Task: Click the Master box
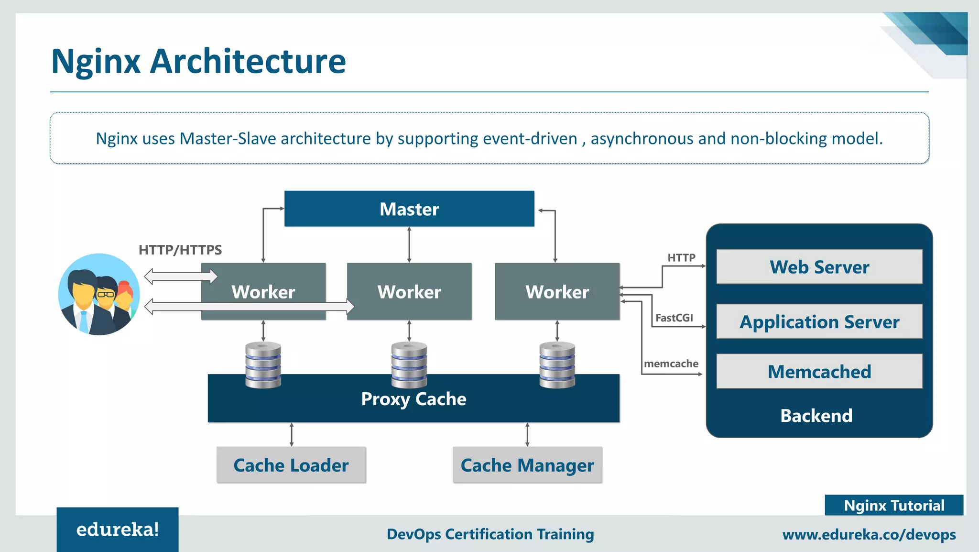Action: click(x=409, y=209)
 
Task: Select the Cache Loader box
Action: click(x=291, y=465)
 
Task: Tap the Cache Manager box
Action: click(x=527, y=465)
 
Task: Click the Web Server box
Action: click(x=819, y=267)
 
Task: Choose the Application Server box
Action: click(x=819, y=322)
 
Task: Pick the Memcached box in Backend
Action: click(x=819, y=372)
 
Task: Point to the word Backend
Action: click(x=816, y=416)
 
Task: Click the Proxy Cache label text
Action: click(x=413, y=399)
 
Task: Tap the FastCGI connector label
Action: click(x=674, y=318)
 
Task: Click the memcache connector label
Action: click(x=671, y=364)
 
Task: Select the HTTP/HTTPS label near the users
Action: click(x=180, y=250)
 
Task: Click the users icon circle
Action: click(x=99, y=294)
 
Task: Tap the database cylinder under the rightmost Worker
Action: click(x=557, y=364)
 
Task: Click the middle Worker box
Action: click(x=409, y=291)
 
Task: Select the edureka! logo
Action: click(x=118, y=530)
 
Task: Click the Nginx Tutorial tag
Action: click(x=894, y=506)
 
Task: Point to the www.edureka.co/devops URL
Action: click(x=869, y=534)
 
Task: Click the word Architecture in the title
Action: click(x=248, y=61)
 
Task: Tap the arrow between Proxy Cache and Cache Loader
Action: click(x=292, y=434)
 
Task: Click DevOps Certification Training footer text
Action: click(x=490, y=534)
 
